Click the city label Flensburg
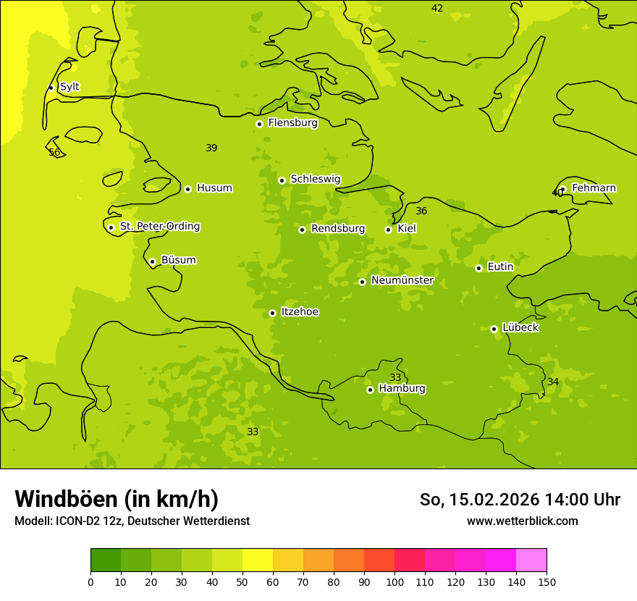[292, 123]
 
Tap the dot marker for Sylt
[51, 88]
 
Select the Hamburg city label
[402, 389]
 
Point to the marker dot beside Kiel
[388, 230]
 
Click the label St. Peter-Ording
[159, 227]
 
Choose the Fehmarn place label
[594, 188]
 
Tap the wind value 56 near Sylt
[54, 153]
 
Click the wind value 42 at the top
[437, 9]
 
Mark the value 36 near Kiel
[421, 211]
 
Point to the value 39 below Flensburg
[211, 148]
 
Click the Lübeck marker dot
[494, 329]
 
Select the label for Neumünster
[402, 281]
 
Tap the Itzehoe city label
[300, 312]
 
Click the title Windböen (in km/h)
[117, 499]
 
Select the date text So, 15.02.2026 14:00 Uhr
[520, 500]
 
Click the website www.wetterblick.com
[522, 521]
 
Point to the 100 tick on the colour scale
[395, 581]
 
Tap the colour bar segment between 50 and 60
[258, 560]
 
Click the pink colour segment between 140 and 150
[531, 560]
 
